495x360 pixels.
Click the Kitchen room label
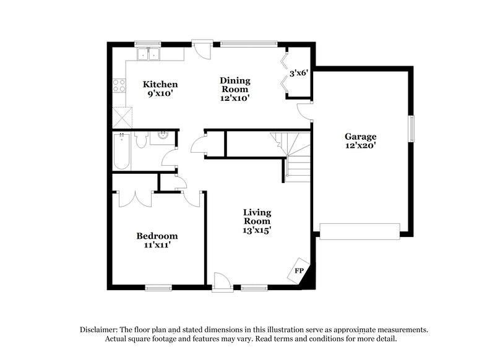coord(161,85)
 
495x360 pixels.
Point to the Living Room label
coord(256,216)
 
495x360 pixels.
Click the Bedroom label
coord(157,236)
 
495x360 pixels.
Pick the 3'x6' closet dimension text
coord(298,74)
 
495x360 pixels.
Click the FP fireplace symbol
coord(299,270)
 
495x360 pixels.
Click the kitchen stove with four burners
coord(119,86)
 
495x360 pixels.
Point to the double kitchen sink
coord(148,54)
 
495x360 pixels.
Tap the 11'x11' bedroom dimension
coord(157,245)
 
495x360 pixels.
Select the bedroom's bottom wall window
coord(158,286)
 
